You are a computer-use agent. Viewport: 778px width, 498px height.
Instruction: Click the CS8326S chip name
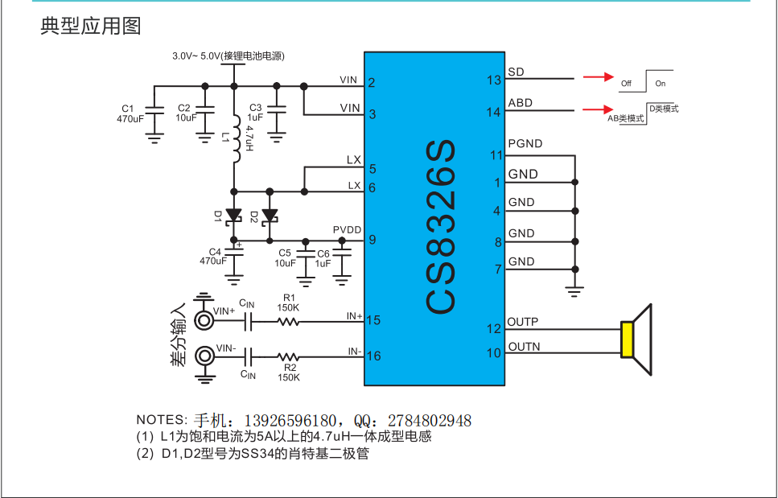441,227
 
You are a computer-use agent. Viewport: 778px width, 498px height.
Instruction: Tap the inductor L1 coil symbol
236,138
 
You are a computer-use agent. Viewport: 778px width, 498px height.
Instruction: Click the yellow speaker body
628,340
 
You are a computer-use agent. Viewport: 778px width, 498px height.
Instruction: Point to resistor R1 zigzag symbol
288,322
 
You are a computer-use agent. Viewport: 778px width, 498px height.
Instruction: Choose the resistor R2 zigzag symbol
288,356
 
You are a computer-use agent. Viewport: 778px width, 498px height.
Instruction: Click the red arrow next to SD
599,77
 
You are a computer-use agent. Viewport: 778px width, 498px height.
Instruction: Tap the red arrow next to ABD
599,109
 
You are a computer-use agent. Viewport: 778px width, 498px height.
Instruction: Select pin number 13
494,80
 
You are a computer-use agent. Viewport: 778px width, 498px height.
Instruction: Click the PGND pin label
525,144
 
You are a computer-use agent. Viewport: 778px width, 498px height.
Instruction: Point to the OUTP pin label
522,322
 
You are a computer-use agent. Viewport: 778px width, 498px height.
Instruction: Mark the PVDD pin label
348,229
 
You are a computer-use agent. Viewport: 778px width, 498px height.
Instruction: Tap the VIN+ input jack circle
204,320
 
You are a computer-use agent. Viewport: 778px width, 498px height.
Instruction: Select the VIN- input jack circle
204,356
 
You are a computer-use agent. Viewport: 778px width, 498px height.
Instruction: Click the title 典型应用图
91,26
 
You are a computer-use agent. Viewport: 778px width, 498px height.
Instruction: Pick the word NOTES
160,420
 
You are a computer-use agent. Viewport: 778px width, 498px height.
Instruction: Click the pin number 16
373,356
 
